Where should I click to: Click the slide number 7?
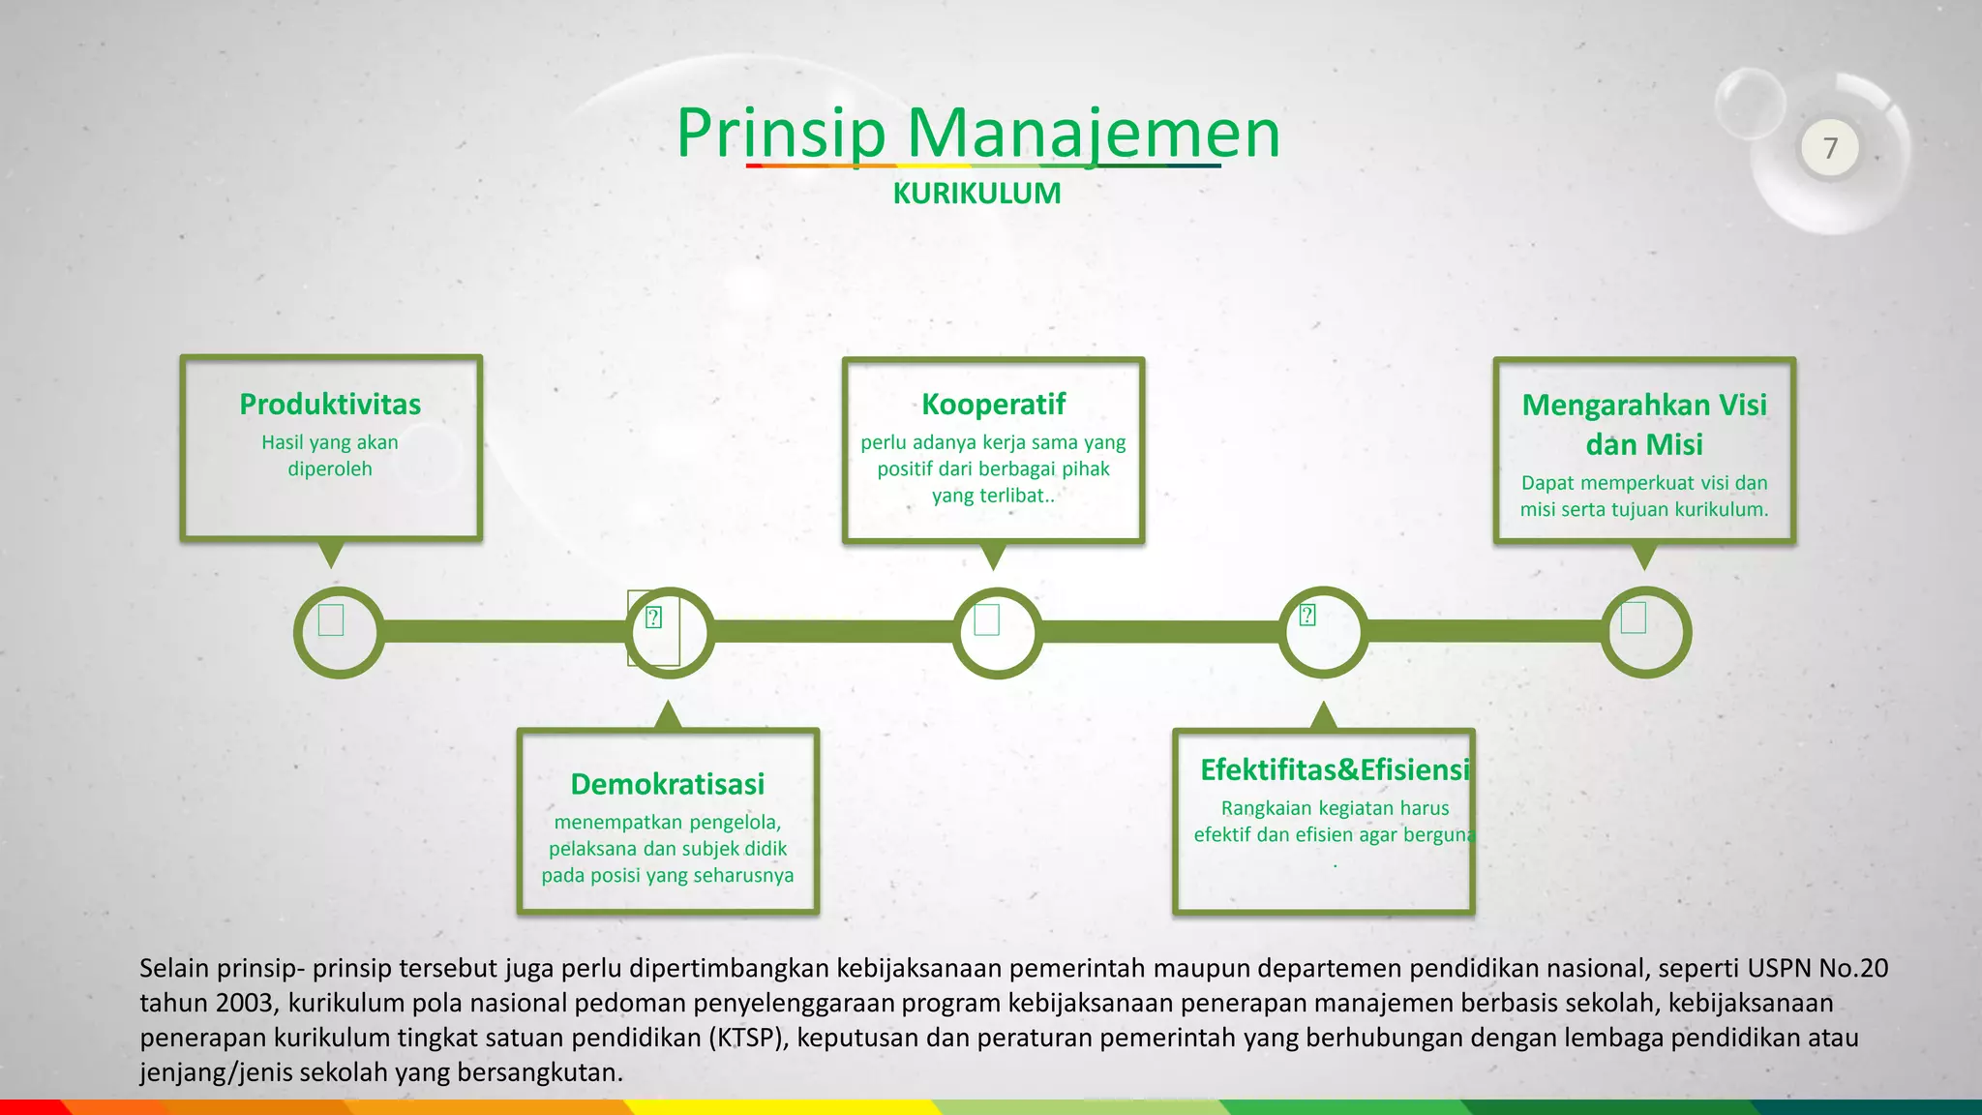(x=1829, y=148)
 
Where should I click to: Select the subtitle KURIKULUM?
(x=976, y=194)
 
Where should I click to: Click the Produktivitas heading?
(x=330, y=404)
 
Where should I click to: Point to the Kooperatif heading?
(x=993, y=404)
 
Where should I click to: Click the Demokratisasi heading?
(x=667, y=784)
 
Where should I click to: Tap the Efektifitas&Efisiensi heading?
(x=1335, y=769)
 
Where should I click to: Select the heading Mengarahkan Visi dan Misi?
(x=1644, y=424)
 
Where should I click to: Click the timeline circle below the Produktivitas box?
(x=339, y=632)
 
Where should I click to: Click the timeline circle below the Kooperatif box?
(x=997, y=632)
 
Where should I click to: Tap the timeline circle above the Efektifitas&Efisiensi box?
(x=1323, y=632)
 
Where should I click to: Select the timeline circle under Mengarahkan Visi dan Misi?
(x=1645, y=632)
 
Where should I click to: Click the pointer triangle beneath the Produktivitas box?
(x=331, y=554)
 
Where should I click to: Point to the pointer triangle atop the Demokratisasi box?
(x=668, y=716)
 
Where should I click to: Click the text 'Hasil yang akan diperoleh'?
(x=330, y=455)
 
